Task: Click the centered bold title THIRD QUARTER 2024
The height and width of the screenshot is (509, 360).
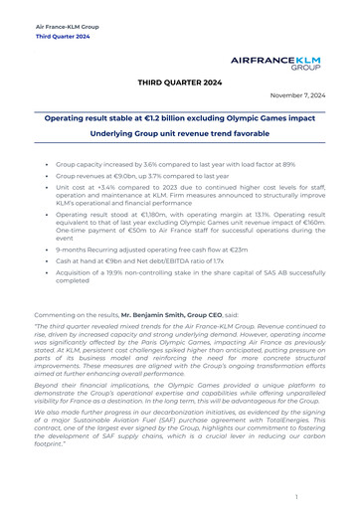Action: coord(179,84)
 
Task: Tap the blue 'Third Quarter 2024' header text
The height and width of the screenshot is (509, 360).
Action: coord(63,35)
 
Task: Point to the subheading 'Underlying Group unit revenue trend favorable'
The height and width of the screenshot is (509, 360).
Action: coord(179,132)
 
